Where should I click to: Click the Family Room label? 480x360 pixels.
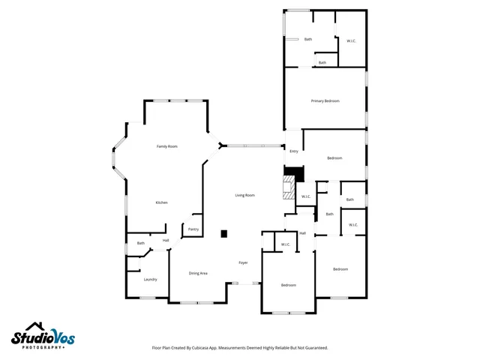pos(166,146)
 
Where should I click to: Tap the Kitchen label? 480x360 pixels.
pos(161,202)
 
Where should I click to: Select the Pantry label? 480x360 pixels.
pos(193,229)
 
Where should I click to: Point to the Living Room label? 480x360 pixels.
pos(245,195)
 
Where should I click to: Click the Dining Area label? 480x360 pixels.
pos(198,273)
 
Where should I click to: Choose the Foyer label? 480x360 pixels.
pos(243,262)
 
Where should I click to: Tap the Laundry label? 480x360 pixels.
pos(150,279)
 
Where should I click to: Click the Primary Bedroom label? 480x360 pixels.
pos(325,100)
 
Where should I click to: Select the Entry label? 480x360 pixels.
pos(293,151)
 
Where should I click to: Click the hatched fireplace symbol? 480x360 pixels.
pos(288,187)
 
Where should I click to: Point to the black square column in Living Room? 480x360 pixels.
pos(223,233)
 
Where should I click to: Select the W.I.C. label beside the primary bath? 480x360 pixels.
pos(351,40)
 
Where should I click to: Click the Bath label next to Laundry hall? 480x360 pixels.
pos(141,243)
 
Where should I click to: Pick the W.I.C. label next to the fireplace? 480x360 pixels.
pos(306,196)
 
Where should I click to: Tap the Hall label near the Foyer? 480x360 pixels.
pos(303,233)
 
